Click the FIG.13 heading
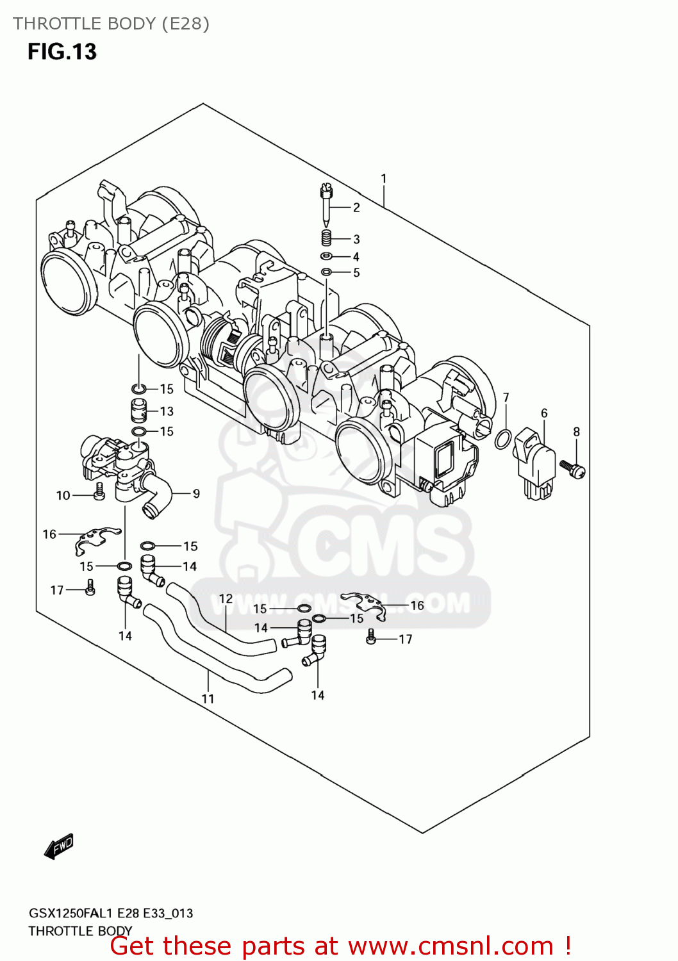(62, 51)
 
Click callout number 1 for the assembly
(383, 179)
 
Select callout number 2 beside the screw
(356, 208)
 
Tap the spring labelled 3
(326, 238)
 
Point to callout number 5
(356, 273)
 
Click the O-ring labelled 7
(503, 439)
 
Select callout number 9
(196, 493)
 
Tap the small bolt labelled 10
(99, 492)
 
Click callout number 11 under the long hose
(208, 699)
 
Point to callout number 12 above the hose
(226, 599)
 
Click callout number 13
(167, 411)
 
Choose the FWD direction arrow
(59, 847)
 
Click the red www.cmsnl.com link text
(451, 946)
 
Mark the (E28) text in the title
(185, 24)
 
